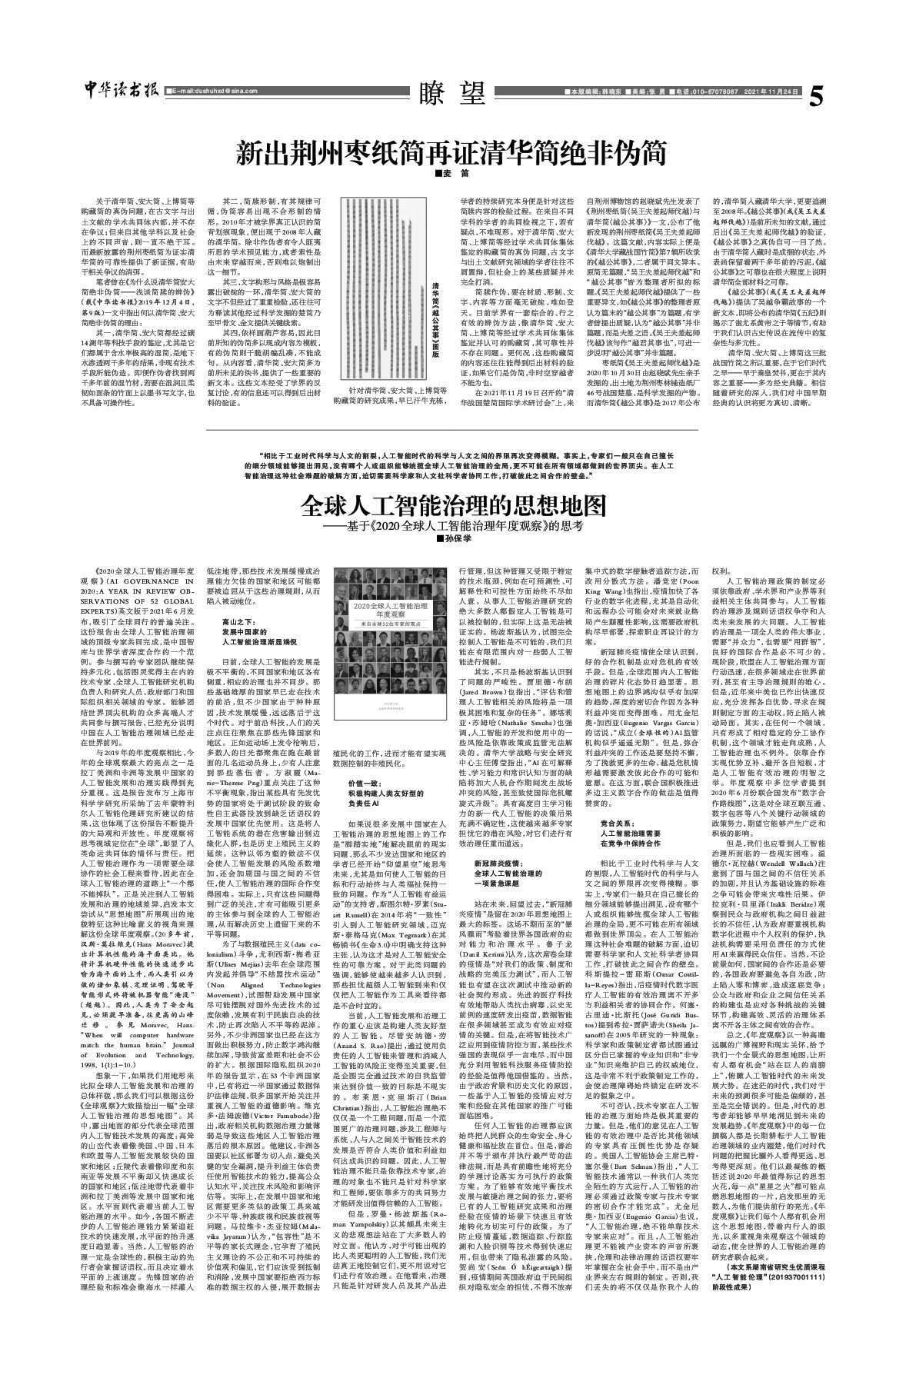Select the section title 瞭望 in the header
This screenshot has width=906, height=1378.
[453, 93]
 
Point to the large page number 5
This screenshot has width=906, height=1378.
[817, 97]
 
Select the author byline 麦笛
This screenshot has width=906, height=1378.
[452, 175]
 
